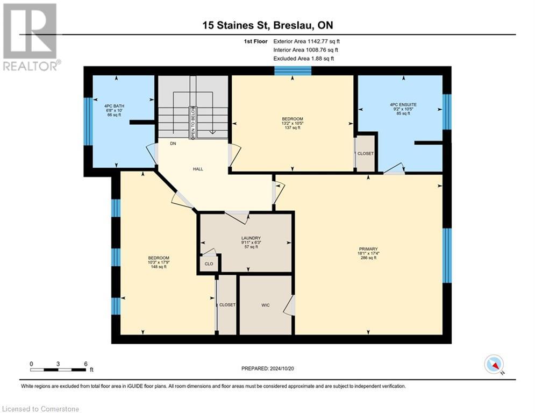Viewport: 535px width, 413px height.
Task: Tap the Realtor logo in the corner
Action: point(31,37)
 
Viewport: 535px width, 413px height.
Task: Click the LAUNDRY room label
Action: point(251,238)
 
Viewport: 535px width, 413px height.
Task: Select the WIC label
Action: point(265,305)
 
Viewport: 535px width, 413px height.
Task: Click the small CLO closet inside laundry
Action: point(208,264)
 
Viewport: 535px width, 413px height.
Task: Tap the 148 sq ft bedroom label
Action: point(159,262)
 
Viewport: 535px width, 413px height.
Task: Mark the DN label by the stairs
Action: point(173,144)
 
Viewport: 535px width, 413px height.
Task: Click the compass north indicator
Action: point(493,365)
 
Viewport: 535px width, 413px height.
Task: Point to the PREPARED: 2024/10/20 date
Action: point(268,368)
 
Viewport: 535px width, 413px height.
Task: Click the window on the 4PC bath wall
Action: point(88,121)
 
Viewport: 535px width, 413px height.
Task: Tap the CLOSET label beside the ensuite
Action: point(366,153)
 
